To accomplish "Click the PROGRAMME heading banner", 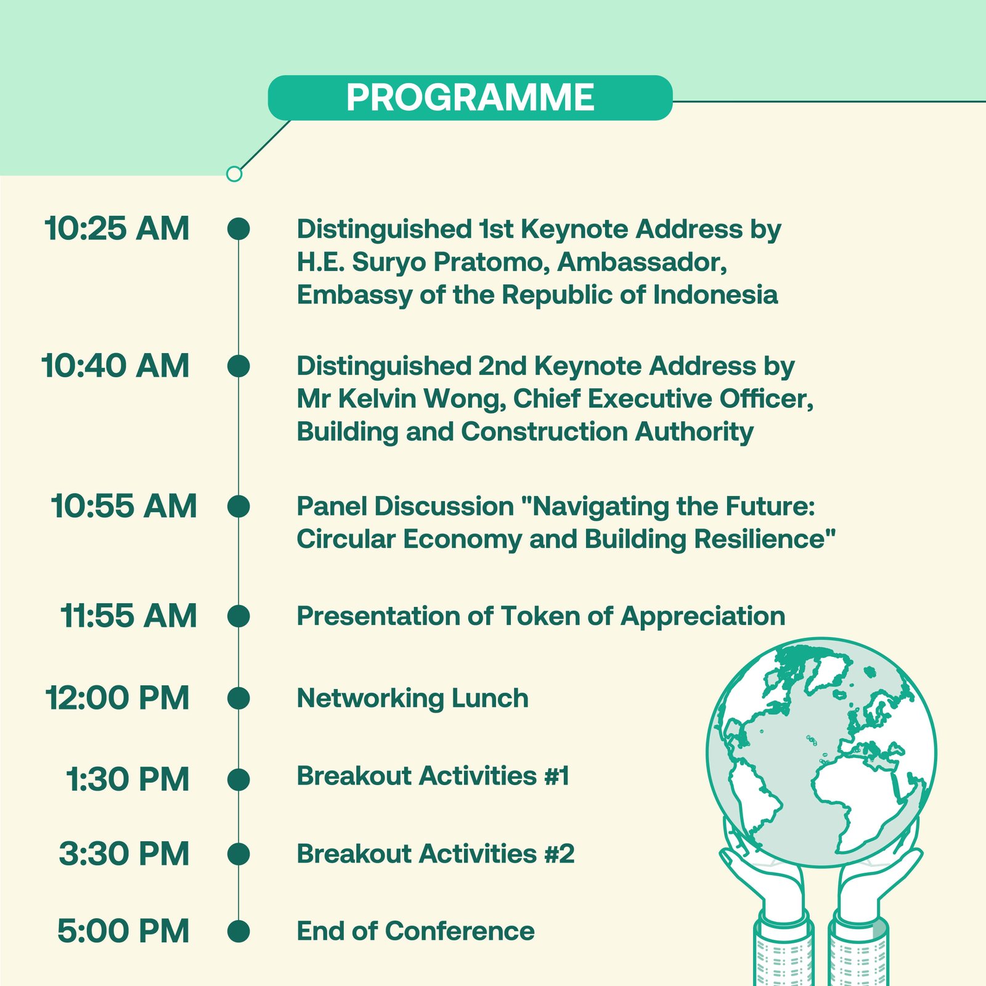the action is [x=470, y=97].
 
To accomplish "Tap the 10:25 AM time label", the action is [x=117, y=229].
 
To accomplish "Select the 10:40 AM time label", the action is [x=116, y=366].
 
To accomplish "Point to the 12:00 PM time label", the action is [x=118, y=698].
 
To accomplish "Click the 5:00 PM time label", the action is [x=123, y=931].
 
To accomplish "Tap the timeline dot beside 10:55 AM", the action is [x=238, y=507].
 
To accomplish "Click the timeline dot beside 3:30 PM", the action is [x=238, y=854].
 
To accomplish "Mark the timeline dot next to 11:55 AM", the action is [x=238, y=616].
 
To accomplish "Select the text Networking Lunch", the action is [x=412, y=699].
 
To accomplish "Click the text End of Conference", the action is [x=416, y=931].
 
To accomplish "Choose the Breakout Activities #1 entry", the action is [x=433, y=776].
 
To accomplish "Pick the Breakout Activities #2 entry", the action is [x=436, y=854].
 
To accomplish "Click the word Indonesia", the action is [x=715, y=295].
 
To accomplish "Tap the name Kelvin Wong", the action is [x=422, y=399].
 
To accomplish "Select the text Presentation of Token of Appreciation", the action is [x=541, y=617].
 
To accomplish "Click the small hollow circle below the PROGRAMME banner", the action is [x=234, y=174].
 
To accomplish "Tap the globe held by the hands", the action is [x=821, y=752].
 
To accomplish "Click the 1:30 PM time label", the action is [x=128, y=780].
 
